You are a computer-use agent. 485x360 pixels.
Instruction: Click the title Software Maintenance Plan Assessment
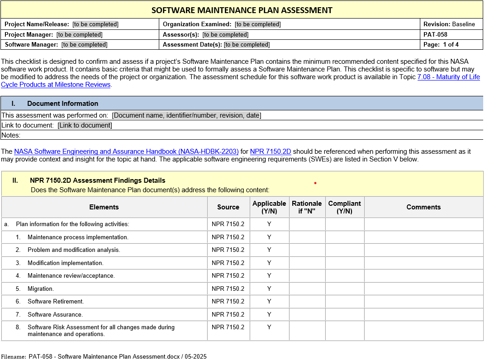(x=242, y=10)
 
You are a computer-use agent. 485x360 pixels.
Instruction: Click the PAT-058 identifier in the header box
(x=435, y=34)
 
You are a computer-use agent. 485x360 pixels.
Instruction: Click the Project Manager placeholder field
(x=79, y=34)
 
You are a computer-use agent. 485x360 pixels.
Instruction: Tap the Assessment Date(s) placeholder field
(x=247, y=44)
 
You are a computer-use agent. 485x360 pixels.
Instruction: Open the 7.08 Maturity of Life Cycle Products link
(x=448, y=77)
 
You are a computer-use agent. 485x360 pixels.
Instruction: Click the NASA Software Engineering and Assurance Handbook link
(x=126, y=152)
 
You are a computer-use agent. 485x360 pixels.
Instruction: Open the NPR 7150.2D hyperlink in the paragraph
(x=270, y=152)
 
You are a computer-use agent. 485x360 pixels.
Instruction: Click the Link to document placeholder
(x=85, y=125)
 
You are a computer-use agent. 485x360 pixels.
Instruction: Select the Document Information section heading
(x=62, y=103)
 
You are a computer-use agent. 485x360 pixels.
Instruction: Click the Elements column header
(x=104, y=207)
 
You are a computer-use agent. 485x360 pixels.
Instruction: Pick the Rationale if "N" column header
(x=307, y=207)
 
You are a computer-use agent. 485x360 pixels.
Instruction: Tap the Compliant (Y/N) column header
(x=344, y=207)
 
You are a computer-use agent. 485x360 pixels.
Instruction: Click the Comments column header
(x=423, y=207)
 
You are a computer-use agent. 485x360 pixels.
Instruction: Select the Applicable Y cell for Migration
(x=269, y=289)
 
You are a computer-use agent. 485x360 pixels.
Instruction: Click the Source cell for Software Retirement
(x=228, y=301)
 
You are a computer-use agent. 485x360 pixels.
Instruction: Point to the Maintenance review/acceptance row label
(x=71, y=275)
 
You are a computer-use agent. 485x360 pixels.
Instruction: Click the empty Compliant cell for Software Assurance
(x=344, y=314)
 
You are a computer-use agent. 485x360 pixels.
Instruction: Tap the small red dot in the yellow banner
(x=315, y=183)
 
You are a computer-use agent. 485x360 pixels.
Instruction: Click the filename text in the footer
(x=118, y=356)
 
